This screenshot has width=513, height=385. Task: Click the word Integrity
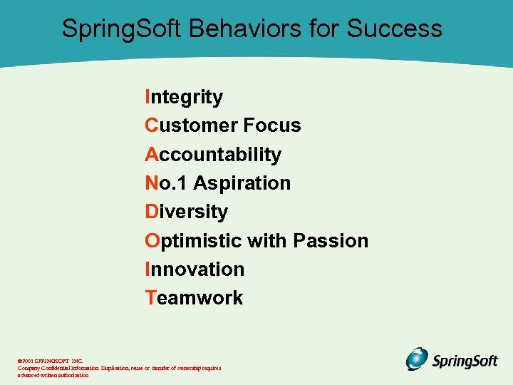pos(184,97)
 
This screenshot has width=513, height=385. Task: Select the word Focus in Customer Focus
pos(271,125)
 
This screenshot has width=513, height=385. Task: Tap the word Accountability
pos(213,155)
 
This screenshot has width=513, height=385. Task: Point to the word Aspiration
pos(242,183)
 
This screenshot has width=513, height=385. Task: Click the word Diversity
pos(186,212)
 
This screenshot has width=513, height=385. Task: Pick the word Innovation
pos(195,269)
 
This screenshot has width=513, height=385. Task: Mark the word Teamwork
pos(194,298)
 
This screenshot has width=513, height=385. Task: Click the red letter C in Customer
pos(151,125)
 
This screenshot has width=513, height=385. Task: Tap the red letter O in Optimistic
pos(152,240)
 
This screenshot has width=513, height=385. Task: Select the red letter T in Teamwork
pos(150,298)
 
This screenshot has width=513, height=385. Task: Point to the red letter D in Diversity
pos(151,212)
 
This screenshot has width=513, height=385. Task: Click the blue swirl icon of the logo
pos(418,359)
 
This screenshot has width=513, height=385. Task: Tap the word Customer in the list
pos(191,125)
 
